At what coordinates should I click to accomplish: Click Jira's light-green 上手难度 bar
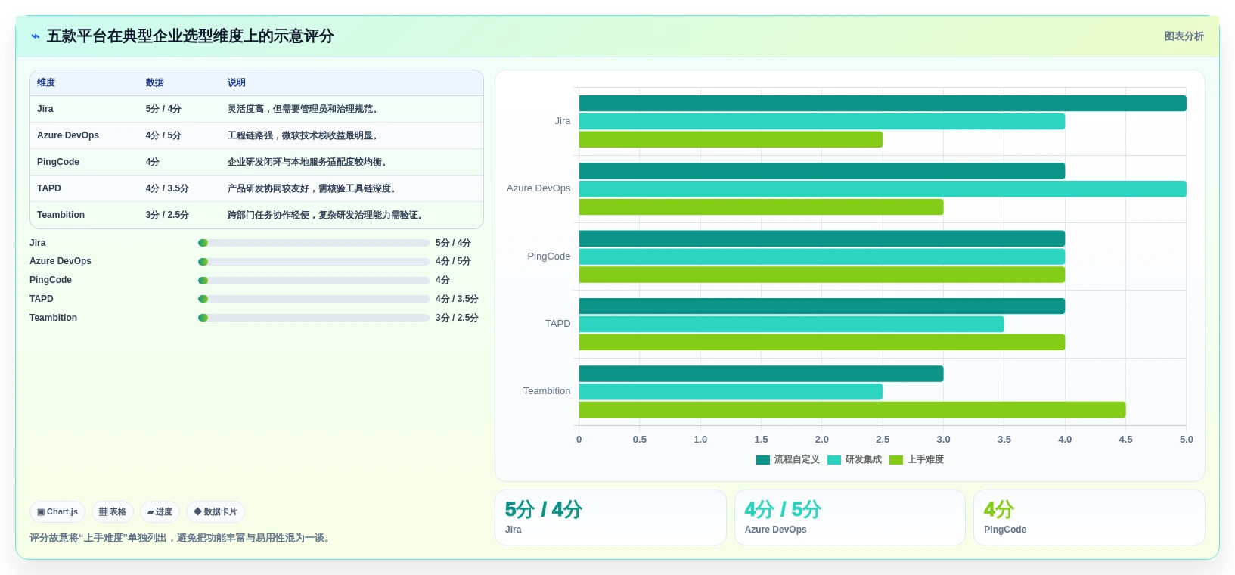click(731, 139)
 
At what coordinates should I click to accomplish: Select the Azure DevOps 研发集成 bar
click(882, 188)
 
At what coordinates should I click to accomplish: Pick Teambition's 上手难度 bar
click(852, 409)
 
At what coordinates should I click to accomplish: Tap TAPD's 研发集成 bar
click(791, 324)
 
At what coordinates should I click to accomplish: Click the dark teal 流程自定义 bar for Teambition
click(761, 374)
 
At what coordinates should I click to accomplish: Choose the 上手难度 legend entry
click(917, 460)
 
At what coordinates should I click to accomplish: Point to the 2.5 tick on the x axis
click(883, 440)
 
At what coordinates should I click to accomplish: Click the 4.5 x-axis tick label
click(1125, 440)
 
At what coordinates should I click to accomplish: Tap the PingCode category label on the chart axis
click(548, 256)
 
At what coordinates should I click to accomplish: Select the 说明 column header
click(237, 82)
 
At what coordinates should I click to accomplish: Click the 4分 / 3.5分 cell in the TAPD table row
click(167, 188)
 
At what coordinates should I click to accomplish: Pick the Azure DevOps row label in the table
click(68, 135)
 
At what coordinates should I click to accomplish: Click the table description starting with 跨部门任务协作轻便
click(327, 215)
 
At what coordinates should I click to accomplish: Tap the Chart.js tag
click(57, 511)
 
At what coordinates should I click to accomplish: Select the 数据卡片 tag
click(216, 511)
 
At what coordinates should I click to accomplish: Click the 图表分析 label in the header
click(1184, 36)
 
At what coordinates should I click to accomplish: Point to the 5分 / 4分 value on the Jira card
click(544, 509)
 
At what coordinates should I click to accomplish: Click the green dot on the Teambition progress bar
click(203, 318)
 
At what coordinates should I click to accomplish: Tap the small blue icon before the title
click(36, 36)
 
